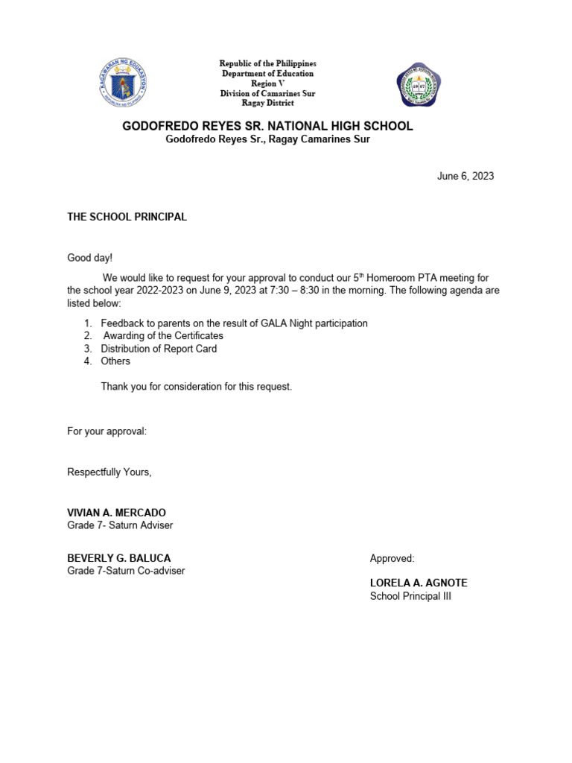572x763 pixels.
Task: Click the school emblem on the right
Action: coord(419,85)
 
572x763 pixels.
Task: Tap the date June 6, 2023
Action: coord(465,177)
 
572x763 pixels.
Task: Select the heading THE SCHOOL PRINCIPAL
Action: coord(127,217)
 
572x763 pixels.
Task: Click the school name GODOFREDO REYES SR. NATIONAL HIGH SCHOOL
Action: coord(267,127)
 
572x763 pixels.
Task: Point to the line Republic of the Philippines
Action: coord(267,64)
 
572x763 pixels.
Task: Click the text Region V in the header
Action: coord(267,83)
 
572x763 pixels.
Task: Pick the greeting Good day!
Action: coord(90,258)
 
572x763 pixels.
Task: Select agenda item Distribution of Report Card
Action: coord(159,349)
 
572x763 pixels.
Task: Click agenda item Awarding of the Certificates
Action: coord(163,336)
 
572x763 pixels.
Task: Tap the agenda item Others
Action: coord(115,361)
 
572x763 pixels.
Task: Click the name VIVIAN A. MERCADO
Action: coord(117,513)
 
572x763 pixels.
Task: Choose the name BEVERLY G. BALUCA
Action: coord(119,558)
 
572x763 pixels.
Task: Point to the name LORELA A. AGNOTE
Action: coord(419,583)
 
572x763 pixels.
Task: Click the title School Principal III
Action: coord(410,596)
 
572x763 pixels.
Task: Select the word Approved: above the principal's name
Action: coord(392,558)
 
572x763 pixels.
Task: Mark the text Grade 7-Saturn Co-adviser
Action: coord(126,571)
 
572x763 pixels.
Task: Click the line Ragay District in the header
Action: coord(267,103)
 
